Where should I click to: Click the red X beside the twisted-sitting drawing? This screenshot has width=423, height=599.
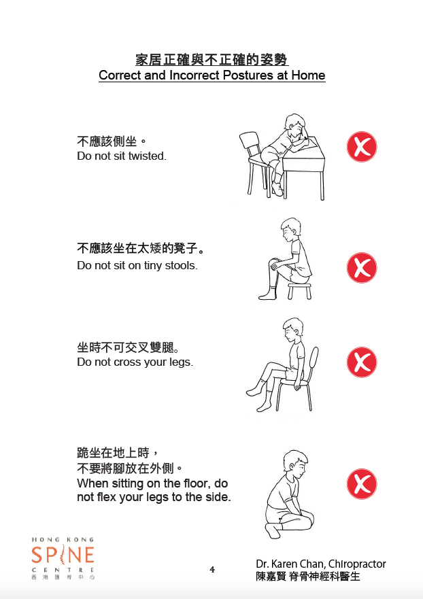coord(362,147)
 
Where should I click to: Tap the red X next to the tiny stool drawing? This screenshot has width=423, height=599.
coord(362,267)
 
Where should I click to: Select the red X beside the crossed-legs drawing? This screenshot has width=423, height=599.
coord(362,362)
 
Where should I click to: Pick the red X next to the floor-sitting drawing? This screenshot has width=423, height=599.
coord(362,484)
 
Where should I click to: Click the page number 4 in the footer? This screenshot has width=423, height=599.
coord(212,570)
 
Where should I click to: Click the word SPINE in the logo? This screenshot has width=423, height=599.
coord(63,555)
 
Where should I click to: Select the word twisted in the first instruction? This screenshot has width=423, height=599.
coord(147,156)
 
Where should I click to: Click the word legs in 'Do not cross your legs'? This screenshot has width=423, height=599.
coord(181,362)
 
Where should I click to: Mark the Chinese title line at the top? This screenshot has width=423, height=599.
coord(211,60)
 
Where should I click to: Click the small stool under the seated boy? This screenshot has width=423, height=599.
coord(299,290)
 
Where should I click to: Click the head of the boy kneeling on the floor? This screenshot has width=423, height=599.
coord(295,464)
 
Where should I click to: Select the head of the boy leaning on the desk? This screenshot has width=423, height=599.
coord(294,125)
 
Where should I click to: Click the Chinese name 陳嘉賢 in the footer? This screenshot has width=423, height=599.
coord(271,577)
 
